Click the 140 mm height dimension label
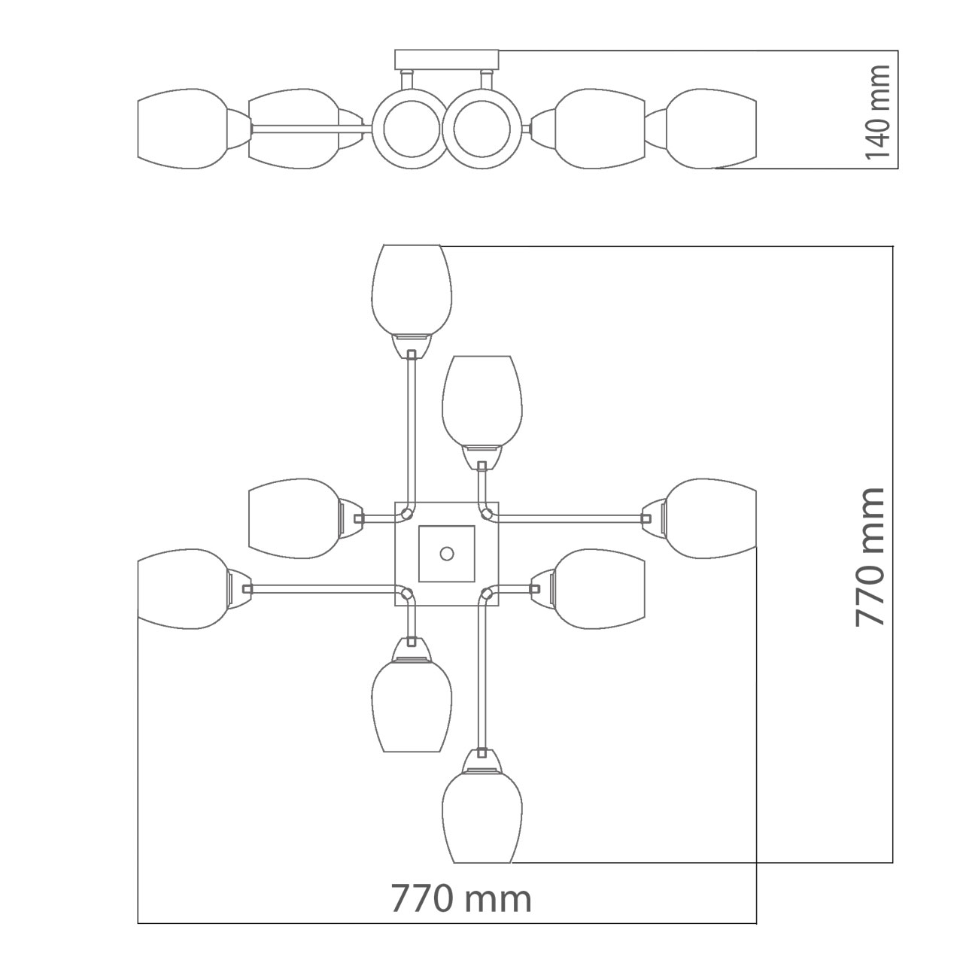[877, 111]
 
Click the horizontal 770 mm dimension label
[460, 898]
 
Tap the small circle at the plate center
[446, 554]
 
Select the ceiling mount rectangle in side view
[447, 59]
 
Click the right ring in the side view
[481, 129]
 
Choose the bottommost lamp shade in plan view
[482, 818]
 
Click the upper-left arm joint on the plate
[407, 513]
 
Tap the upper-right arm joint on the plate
[487, 513]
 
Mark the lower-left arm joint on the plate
[407, 594]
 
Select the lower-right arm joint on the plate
[487, 594]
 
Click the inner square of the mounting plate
[447, 554]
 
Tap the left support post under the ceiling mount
[406, 80]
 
